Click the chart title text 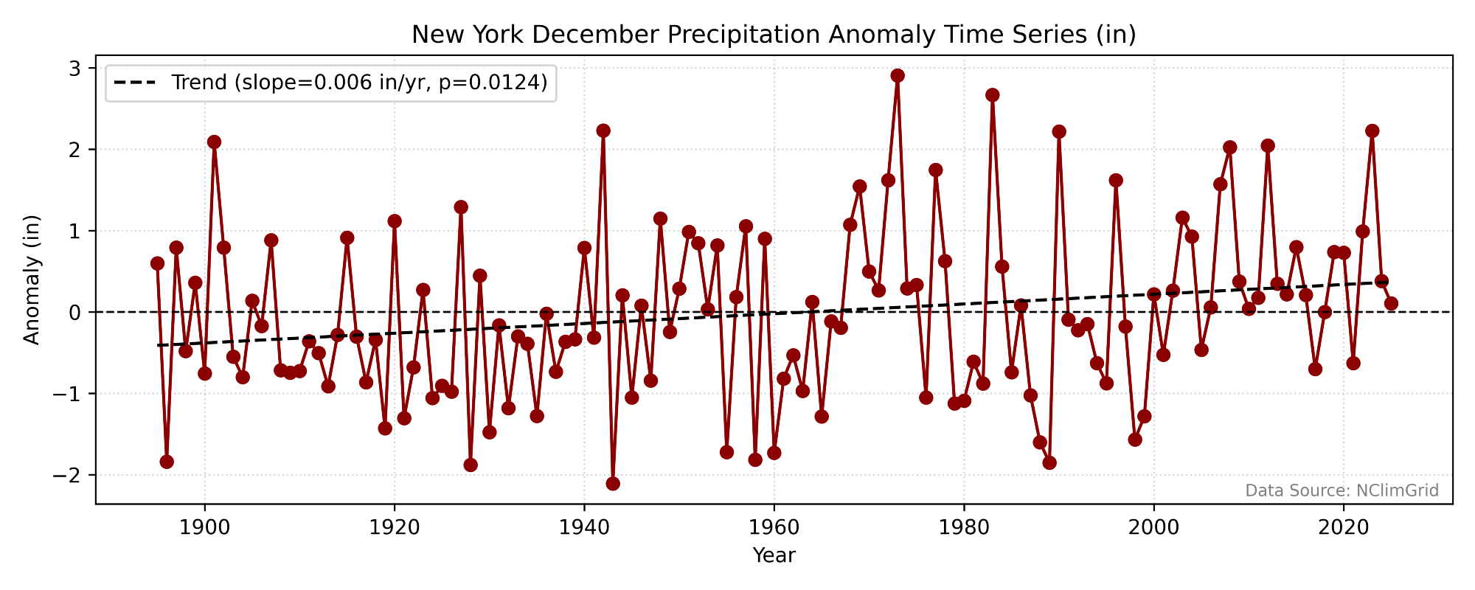[x=774, y=35]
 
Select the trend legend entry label [x=359, y=83]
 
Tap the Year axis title [x=774, y=555]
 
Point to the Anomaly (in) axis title [x=31, y=280]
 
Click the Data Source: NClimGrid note [x=1342, y=491]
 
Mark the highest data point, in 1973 [x=898, y=75]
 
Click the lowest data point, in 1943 [x=613, y=484]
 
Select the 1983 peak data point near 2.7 [x=992, y=95]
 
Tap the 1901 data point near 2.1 [x=214, y=142]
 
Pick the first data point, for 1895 [x=157, y=263]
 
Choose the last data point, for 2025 [x=1391, y=303]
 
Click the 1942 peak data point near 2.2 [x=603, y=131]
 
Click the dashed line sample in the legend [x=135, y=83]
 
